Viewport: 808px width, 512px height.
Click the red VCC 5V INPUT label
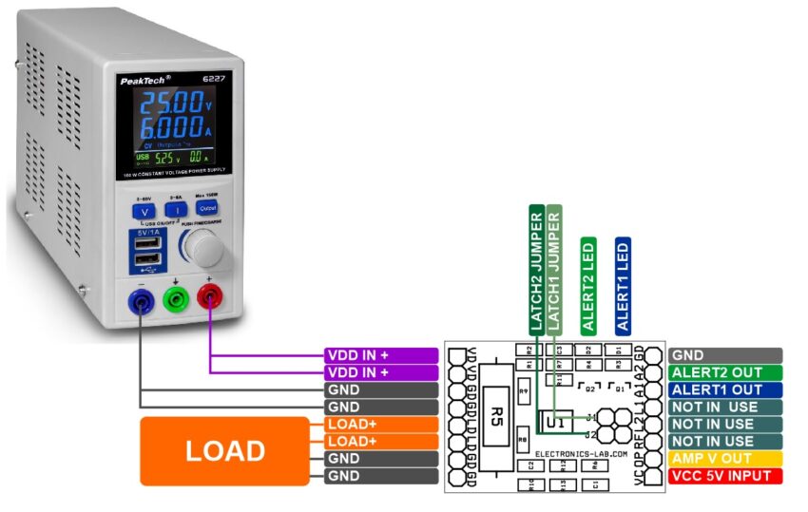[724, 475]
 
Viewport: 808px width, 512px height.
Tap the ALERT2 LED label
[588, 285]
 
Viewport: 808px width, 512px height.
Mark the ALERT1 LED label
[623, 285]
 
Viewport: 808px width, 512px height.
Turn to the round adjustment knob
[206, 250]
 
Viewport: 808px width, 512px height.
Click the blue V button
[145, 208]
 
